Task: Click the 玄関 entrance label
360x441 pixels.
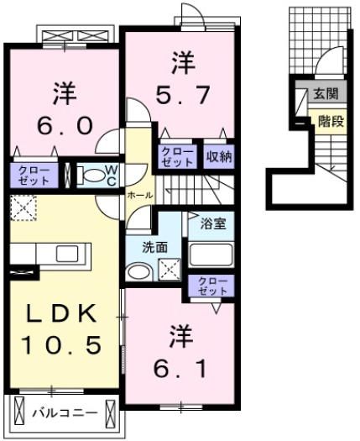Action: click(326, 93)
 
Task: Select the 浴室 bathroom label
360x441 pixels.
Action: click(213, 224)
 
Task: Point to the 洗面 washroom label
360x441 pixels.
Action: click(155, 247)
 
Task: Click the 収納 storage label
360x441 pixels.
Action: click(219, 157)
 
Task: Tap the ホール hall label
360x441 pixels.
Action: click(140, 195)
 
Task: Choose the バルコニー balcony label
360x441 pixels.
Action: click(65, 413)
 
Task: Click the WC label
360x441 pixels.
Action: click(112, 176)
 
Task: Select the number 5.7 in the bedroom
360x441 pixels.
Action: click(182, 94)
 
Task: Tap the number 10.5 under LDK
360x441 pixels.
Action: click(60, 344)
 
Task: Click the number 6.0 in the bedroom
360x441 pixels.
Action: click(65, 126)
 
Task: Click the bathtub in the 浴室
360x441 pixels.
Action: click(211, 255)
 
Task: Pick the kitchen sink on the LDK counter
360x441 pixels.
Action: click(67, 254)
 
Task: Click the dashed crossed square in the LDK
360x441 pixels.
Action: click(23, 207)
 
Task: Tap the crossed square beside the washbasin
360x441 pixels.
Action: click(170, 270)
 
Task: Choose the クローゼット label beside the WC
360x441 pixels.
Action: click(34, 176)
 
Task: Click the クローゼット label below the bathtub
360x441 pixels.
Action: click(213, 286)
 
